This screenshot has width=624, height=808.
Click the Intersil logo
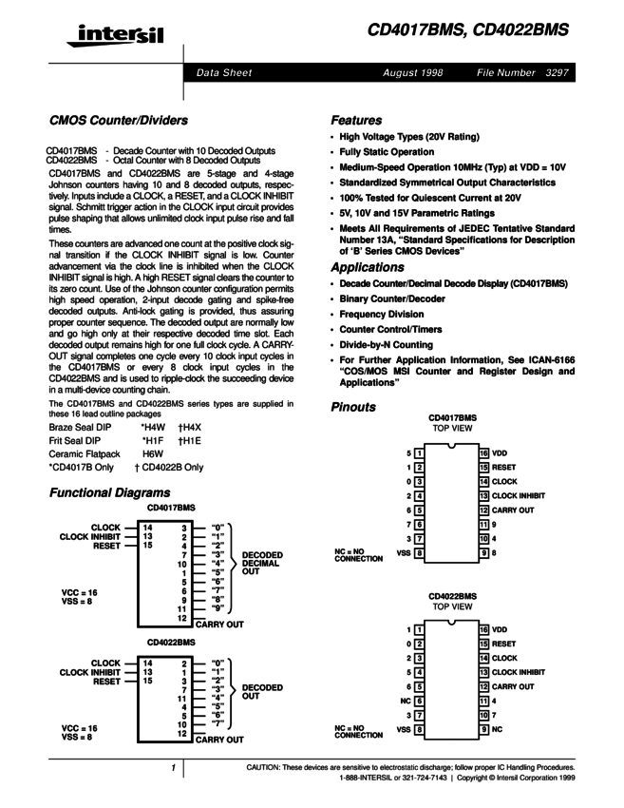(x=110, y=37)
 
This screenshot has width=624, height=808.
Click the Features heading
(x=356, y=121)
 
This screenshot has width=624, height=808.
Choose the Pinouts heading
(x=354, y=406)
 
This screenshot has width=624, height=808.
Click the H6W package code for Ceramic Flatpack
(x=153, y=454)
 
